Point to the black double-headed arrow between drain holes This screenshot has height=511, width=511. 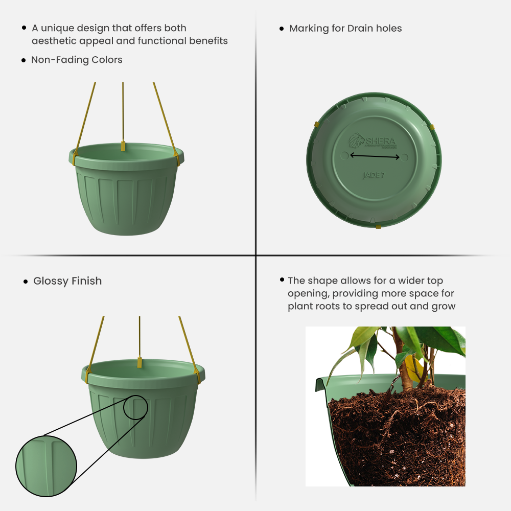[375, 157]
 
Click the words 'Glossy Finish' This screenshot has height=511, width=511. [67, 281]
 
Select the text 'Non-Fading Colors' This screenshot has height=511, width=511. [77, 60]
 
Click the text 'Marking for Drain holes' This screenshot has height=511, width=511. [345, 29]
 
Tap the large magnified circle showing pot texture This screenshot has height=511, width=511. [46, 466]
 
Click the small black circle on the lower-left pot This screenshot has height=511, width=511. [135, 407]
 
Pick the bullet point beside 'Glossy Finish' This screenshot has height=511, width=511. [26, 282]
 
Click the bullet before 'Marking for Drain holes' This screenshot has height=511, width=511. [282, 29]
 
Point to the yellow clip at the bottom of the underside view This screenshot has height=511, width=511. [378, 225]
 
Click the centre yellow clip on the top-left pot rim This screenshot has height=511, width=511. [123, 146]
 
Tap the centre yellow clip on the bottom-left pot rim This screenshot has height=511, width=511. [139, 362]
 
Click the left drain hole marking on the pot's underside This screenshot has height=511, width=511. [344, 155]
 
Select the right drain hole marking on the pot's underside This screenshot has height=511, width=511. [404, 158]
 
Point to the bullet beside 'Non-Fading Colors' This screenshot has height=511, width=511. [24, 60]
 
